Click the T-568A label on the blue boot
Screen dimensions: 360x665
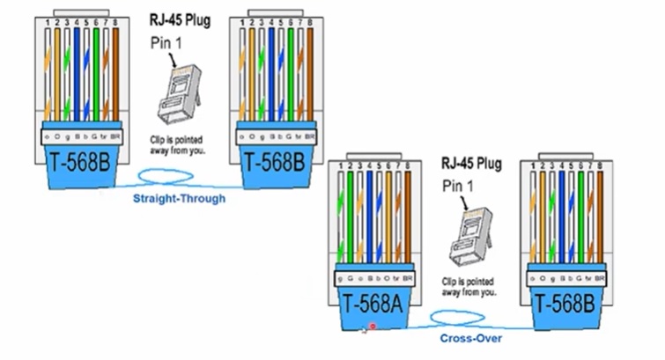tap(373, 305)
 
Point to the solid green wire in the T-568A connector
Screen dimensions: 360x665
tap(350, 220)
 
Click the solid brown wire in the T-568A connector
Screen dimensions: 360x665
tap(412, 220)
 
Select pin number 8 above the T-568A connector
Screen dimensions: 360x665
tap(412, 165)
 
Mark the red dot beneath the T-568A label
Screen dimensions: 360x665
tap(373, 327)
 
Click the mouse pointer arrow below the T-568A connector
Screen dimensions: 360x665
tap(363, 330)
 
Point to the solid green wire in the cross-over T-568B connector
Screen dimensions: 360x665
tap(580, 220)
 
